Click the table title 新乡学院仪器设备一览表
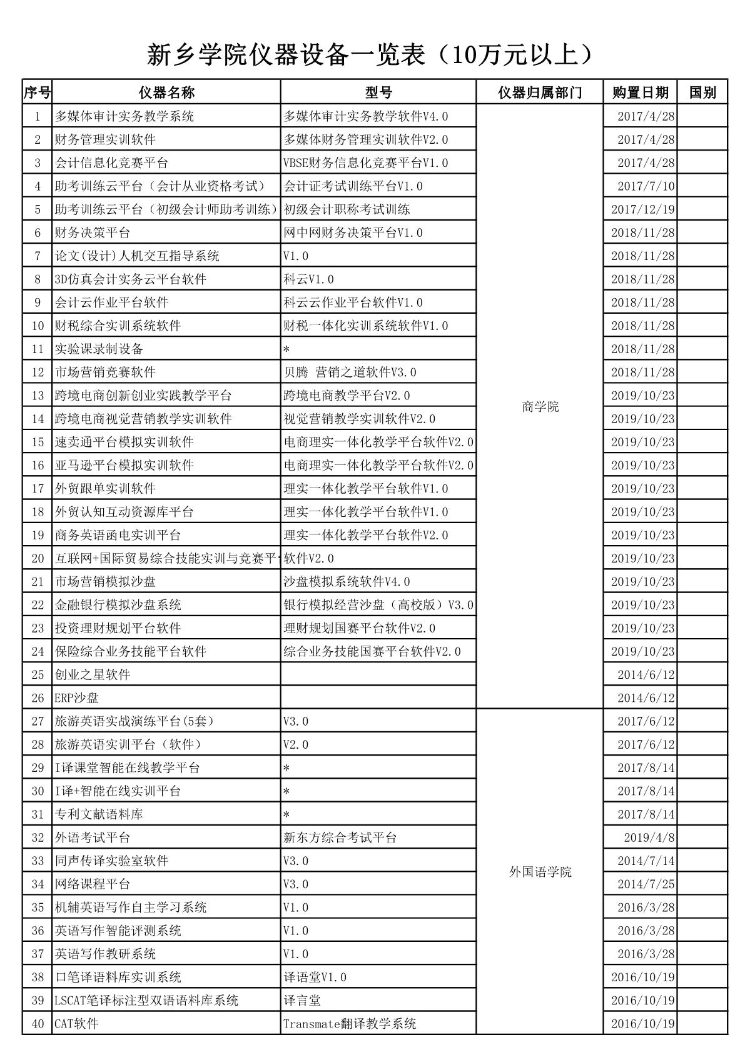369,55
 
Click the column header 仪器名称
166,92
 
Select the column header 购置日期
640,92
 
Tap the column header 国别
702,92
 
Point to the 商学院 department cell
540,407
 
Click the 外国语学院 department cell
540,872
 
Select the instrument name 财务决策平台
93,232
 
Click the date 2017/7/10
646,186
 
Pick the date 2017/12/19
643,209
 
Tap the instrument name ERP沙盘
77,697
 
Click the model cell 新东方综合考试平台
340,837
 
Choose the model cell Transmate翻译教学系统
350,1024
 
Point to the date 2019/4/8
649,837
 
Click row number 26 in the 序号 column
38,697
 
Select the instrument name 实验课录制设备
99,349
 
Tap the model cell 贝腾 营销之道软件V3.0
350,372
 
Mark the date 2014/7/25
646,884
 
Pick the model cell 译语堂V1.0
315,977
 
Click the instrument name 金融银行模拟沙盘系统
118,605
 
